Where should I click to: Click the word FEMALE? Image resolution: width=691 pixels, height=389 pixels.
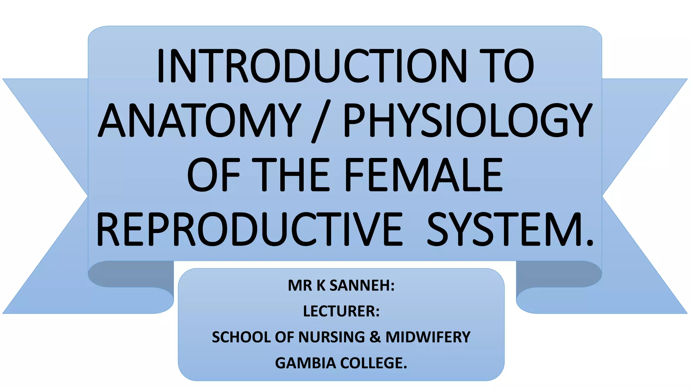423,175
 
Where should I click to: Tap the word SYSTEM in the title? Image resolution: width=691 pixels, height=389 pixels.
506,230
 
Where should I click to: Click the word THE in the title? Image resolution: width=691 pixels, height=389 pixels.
290,175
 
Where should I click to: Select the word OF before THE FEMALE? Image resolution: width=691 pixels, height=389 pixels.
213,175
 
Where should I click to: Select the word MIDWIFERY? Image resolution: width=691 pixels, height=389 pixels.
428,337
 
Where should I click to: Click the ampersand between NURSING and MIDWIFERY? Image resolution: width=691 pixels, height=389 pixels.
375,337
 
